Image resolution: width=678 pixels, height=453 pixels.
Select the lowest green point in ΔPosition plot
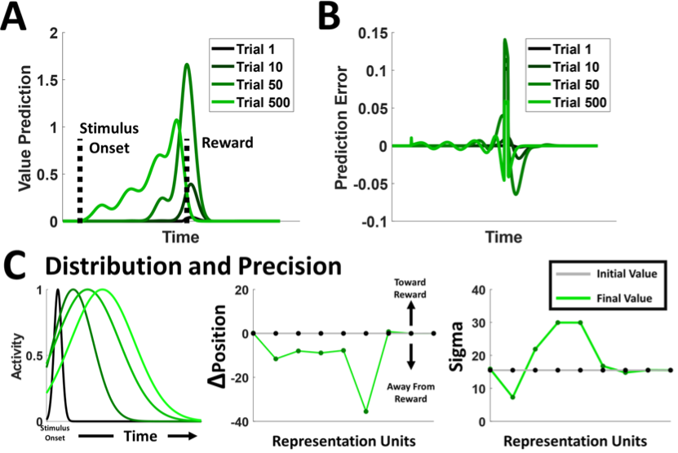pos(366,411)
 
